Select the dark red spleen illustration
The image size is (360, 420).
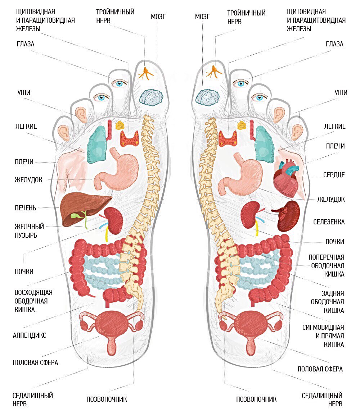pos(289,216)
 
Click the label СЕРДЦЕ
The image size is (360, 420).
pos(334,175)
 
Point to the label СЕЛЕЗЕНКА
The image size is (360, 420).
pos(329,222)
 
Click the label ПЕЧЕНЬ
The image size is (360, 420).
pos(26,208)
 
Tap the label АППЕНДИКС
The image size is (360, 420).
pos(30,335)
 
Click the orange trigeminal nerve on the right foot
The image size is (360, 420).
pos(213,71)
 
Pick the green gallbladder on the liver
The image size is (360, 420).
pos(76,216)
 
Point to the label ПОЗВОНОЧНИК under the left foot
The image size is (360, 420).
pos(107,399)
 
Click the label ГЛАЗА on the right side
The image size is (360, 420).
pos(334,44)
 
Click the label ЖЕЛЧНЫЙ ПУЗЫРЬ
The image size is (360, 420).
pos(30,231)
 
